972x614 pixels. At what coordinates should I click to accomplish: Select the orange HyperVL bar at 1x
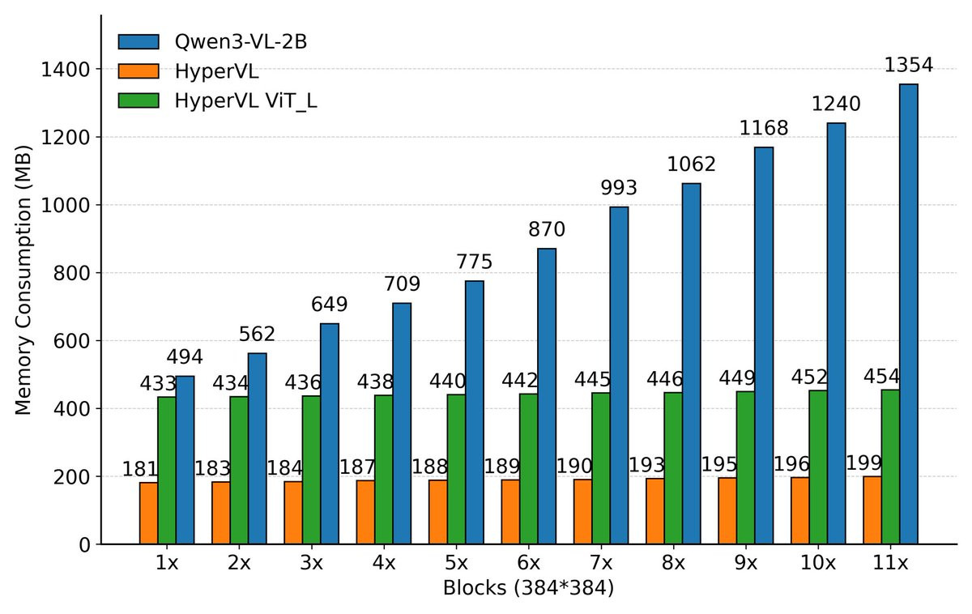[148, 514]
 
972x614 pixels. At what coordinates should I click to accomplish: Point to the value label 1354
[908, 66]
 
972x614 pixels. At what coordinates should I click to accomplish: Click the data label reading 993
[619, 189]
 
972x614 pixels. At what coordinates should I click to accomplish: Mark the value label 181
[139, 469]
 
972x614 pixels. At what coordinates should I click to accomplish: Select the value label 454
[880, 376]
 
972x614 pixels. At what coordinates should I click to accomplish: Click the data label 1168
[763, 128]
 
